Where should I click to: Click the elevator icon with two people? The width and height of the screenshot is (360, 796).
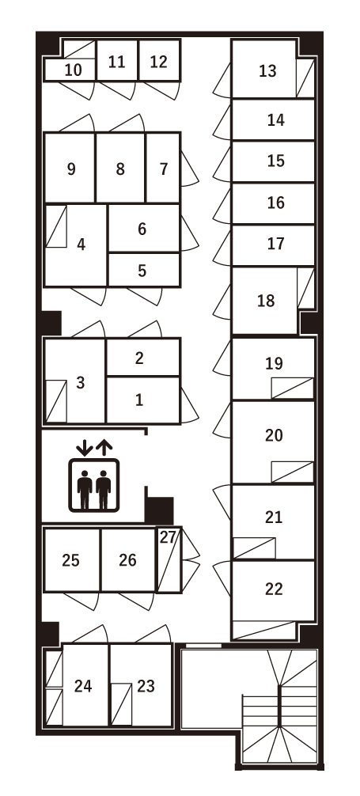[93, 485]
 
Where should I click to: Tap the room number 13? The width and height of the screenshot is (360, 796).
[267, 71]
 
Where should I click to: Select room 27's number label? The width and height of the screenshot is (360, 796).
[168, 537]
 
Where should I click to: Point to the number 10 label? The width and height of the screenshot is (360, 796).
[73, 70]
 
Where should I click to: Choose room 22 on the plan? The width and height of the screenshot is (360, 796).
[274, 589]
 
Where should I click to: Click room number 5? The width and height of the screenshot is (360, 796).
[142, 271]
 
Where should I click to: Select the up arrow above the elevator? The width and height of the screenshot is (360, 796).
[104, 448]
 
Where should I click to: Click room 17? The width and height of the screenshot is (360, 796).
[275, 244]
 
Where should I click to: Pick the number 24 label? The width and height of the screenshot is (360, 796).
[83, 686]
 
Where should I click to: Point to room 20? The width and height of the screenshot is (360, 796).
[274, 435]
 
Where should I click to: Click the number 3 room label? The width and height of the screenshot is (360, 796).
[80, 383]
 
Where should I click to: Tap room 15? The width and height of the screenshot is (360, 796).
[275, 161]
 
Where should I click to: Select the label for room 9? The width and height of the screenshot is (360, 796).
[72, 169]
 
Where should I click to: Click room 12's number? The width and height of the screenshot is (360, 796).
[158, 62]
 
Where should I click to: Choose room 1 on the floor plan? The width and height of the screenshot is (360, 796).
[139, 400]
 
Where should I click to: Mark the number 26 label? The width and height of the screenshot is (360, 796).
[127, 560]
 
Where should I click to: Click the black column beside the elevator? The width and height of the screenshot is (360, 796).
[159, 510]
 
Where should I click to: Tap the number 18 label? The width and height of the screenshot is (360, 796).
[267, 301]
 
